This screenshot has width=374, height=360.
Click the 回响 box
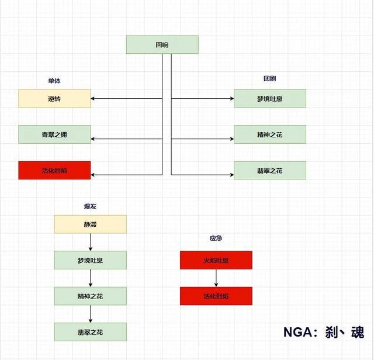click(162, 44)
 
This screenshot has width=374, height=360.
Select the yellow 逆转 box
click(54, 99)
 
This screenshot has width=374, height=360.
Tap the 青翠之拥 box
click(54, 134)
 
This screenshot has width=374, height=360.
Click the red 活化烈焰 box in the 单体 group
click(54, 170)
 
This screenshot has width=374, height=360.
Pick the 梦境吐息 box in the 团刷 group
click(269, 99)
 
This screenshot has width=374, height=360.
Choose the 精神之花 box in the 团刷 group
click(269, 134)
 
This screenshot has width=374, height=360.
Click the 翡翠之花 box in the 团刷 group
click(269, 170)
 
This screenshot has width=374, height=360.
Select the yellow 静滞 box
click(90, 224)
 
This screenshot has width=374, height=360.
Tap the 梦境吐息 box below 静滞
click(90, 260)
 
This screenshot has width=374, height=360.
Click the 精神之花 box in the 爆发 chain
click(90, 296)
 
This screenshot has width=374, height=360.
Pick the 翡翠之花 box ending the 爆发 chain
click(90, 332)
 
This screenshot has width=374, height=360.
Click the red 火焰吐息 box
click(216, 260)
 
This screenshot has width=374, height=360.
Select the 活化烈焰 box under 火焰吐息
click(216, 296)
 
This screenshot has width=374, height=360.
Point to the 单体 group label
click(54, 81)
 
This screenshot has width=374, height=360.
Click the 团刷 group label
click(269, 79)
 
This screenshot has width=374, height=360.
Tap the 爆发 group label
click(90, 206)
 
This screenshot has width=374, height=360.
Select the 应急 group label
click(216, 238)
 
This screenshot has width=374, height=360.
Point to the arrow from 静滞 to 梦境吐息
click(90, 242)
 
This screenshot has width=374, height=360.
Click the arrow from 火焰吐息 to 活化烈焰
click(216, 278)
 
